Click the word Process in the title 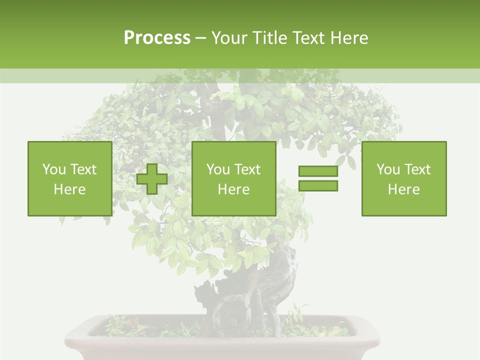point(157,38)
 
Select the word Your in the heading point(228,38)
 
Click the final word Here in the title point(349,38)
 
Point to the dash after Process point(200,38)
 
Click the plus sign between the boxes point(152,179)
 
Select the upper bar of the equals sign point(318,171)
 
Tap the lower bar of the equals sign point(318,185)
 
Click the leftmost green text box point(69,178)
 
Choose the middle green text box point(233,178)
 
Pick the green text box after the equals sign point(403,178)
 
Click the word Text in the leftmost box point(83,169)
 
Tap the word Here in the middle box point(233,189)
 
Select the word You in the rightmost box point(388,169)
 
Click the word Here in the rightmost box point(403,189)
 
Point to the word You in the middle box point(218,169)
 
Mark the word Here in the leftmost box point(69,189)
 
